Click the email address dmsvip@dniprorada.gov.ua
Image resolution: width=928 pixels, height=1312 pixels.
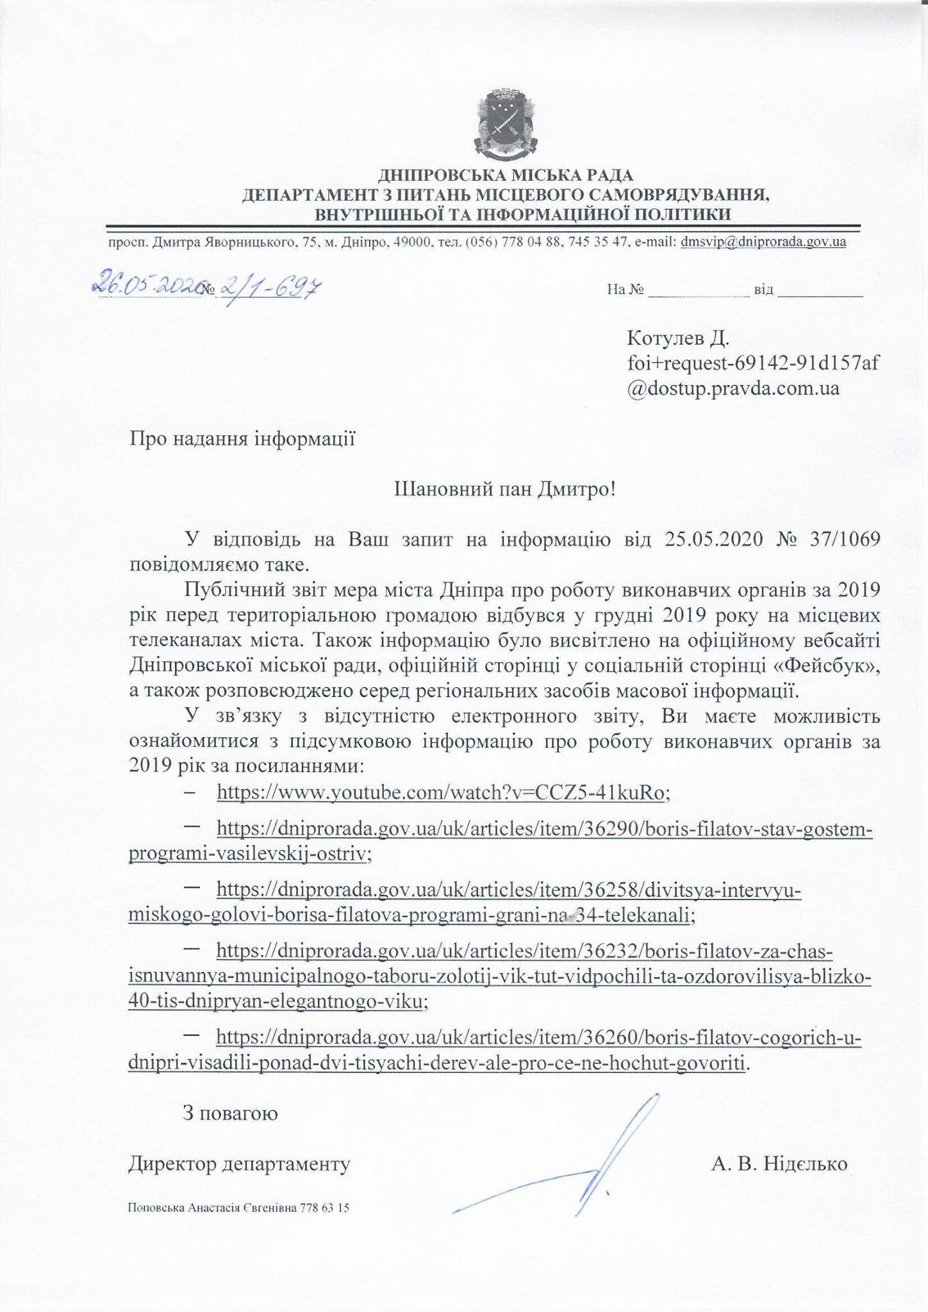pos(763,242)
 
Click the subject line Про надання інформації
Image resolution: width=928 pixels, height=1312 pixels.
pos(242,439)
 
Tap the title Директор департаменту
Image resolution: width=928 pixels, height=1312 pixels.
pos(240,1163)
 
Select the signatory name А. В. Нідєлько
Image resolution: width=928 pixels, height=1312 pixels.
pos(779,1163)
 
